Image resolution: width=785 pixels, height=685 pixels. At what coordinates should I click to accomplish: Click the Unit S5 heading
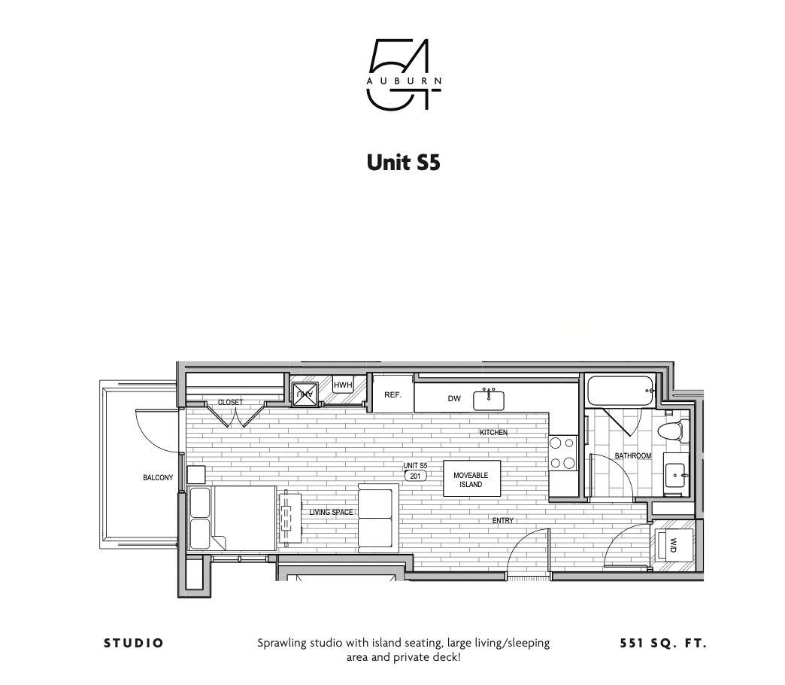[x=403, y=163]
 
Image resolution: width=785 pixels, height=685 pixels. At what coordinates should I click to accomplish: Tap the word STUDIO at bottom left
[x=134, y=644]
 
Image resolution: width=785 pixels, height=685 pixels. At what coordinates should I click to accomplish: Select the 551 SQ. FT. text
[x=663, y=644]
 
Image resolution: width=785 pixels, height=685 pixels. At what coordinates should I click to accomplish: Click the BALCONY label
[x=158, y=478]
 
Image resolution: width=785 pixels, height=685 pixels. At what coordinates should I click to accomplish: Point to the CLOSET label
[x=230, y=403]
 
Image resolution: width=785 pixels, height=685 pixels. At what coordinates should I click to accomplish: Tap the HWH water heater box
[x=343, y=386]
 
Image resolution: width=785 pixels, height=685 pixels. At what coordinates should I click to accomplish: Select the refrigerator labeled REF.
[x=393, y=394]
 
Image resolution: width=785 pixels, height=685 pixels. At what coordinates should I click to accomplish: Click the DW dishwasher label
[x=454, y=399]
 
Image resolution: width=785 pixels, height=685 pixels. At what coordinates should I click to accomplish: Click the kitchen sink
[x=489, y=400]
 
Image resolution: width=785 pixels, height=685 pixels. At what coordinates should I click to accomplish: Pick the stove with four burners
[x=562, y=453]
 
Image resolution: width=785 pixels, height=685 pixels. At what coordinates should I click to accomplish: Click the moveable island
[x=471, y=479]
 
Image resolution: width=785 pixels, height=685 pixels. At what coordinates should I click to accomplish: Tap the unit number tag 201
[x=415, y=476]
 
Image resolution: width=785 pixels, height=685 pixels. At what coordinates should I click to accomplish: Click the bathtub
[x=620, y=391]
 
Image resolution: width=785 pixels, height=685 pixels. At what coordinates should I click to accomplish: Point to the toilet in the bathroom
[x=671, y=431]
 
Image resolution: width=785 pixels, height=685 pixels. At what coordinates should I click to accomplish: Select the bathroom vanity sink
[x=676, y=476]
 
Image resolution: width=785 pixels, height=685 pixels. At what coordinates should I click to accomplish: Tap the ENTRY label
[x=503, y=521]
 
